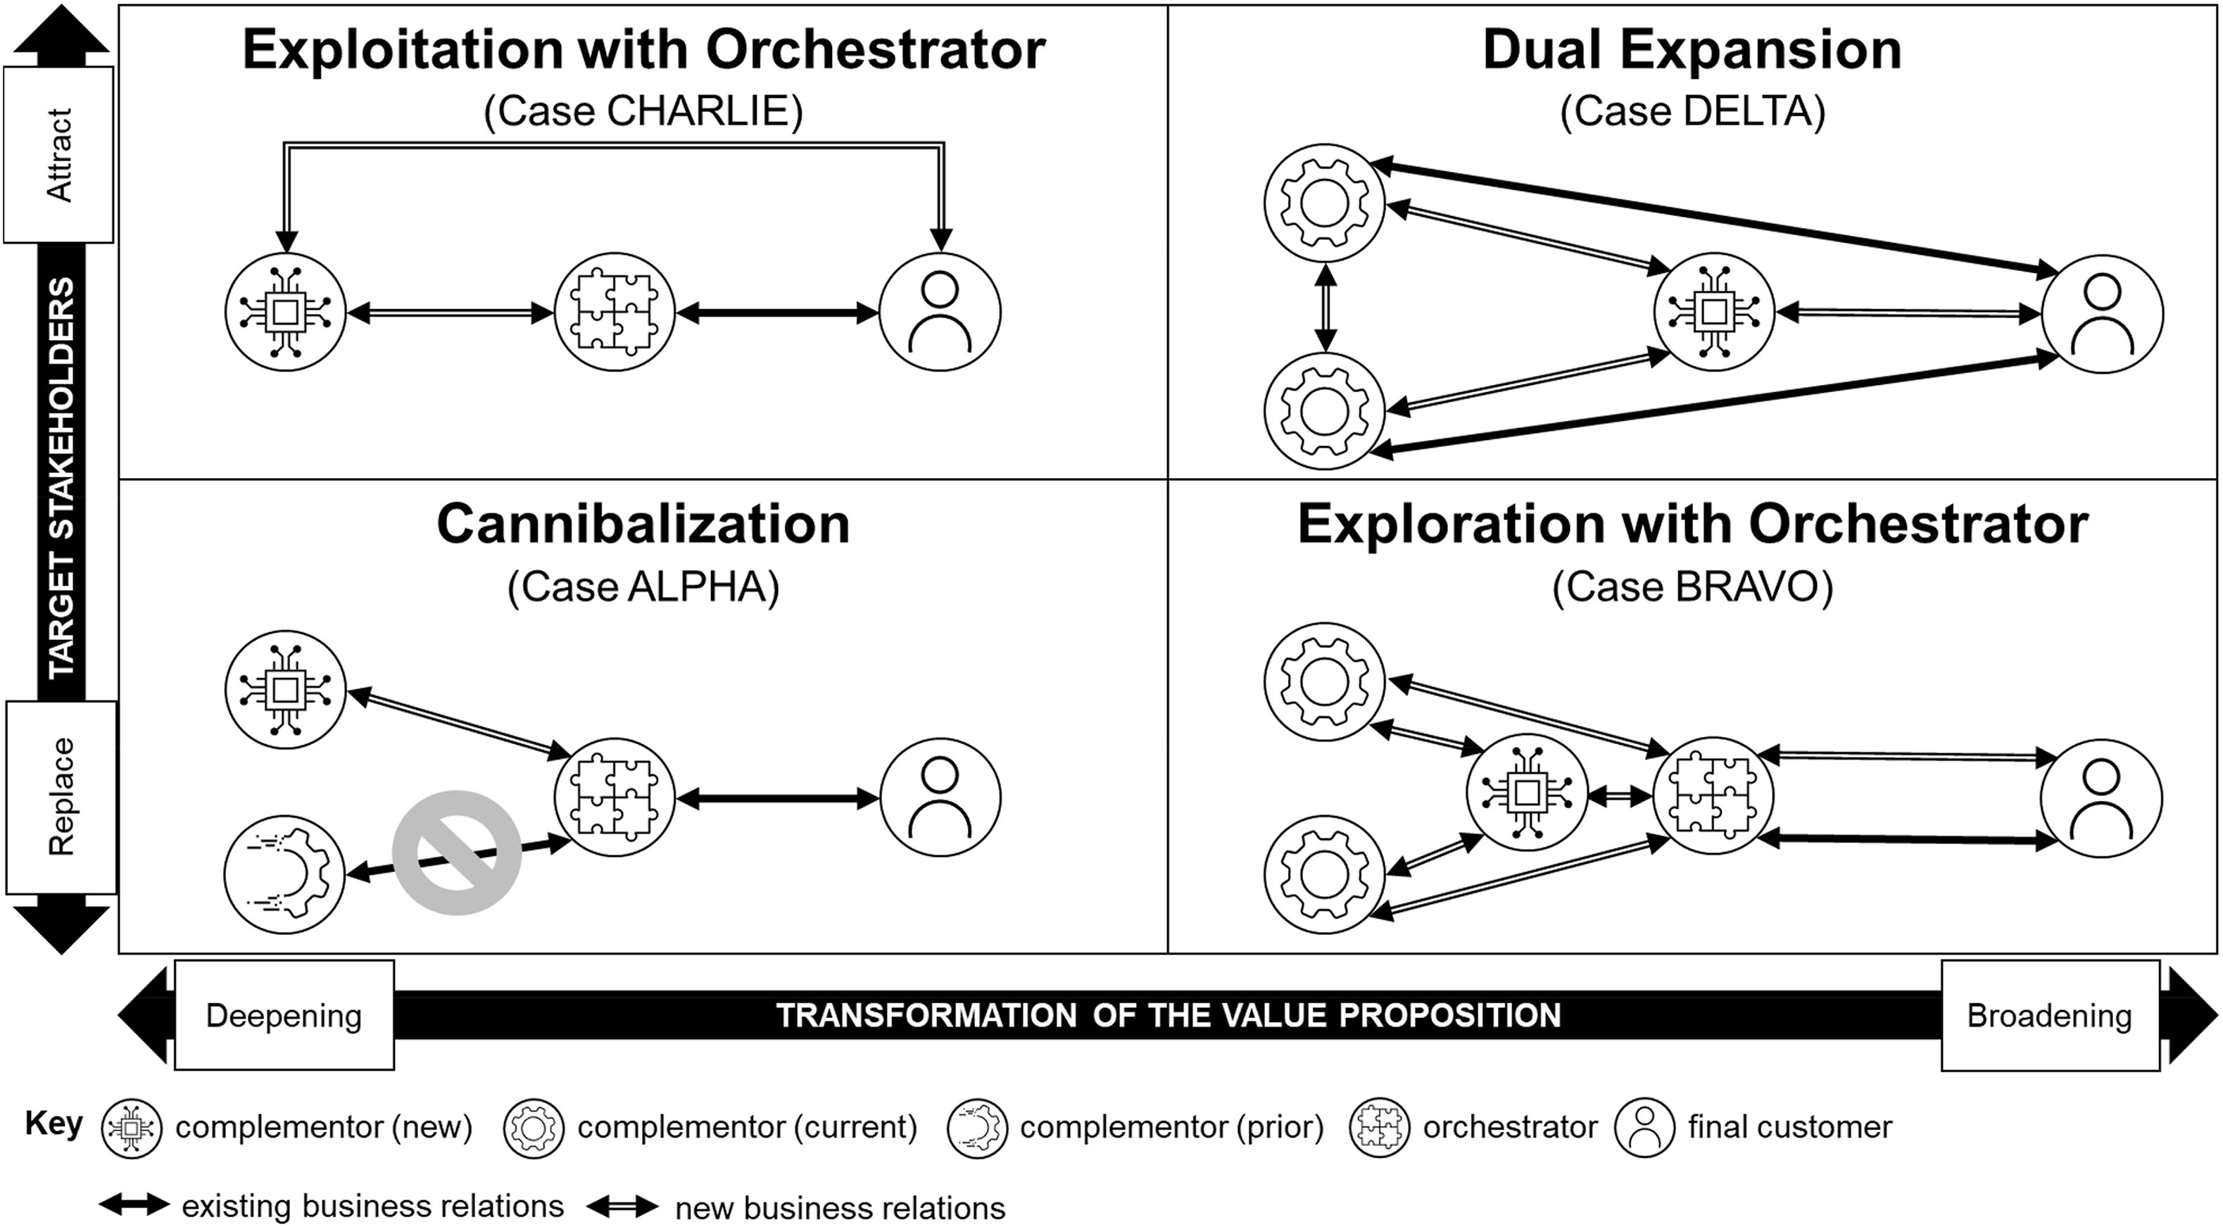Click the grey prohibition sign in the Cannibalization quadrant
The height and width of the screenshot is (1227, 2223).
[457, 852]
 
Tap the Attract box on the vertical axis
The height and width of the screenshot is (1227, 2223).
[58, 156]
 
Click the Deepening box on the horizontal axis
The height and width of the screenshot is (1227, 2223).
[284, 1016]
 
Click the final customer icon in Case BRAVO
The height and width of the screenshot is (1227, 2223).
[2101, 798]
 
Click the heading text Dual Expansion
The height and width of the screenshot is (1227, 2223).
[1692, 50]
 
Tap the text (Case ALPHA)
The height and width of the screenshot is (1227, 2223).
[643, 588]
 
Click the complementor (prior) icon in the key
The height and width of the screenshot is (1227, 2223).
[977, 1128]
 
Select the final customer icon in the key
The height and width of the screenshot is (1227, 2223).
[1644, 1128]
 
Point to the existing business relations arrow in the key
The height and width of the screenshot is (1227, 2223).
[134, 1204]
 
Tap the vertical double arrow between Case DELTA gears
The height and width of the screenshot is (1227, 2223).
[1326, 307]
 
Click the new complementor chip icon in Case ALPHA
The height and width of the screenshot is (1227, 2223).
[285, 689]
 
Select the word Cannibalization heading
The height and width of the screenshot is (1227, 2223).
[643, 524]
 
